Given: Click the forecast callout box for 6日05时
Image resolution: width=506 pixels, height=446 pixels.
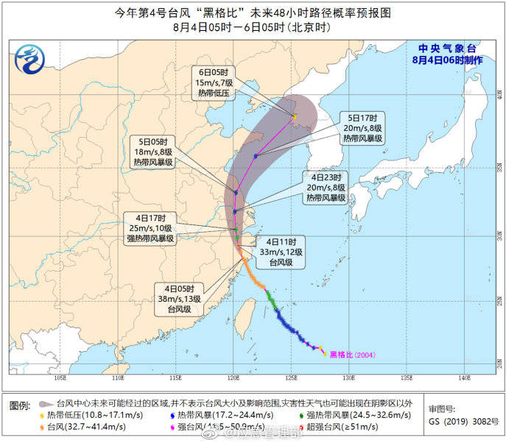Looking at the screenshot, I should point(211,83).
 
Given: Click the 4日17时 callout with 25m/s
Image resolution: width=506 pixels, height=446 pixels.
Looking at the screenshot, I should point(150,227).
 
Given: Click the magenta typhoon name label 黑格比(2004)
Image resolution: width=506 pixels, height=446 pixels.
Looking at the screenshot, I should point(353,355).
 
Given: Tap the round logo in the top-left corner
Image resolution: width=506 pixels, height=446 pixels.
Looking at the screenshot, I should point(31,57).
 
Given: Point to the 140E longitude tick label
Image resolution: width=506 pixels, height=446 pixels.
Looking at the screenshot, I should point(463,378).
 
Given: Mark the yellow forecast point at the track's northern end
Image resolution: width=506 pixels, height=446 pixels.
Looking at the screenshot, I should point(295,116).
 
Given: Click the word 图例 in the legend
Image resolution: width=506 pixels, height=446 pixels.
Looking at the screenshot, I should point(20,406).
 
